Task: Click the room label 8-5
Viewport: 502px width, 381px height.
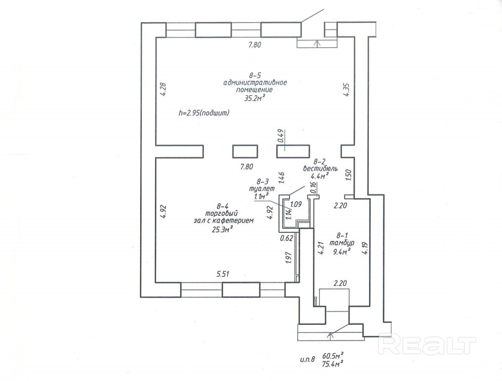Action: (x=255, y=76)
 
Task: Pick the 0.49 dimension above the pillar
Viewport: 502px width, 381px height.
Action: (x=281, y=136)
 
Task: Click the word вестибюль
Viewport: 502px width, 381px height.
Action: (x=320, y=168)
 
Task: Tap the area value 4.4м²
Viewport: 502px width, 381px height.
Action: (x=320, y=176)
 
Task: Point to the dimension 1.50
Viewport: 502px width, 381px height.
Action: (x=348, y=176)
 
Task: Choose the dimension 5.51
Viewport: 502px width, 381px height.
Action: (x=223, y=274)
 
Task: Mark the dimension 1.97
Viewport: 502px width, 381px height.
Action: (x=289, y=258)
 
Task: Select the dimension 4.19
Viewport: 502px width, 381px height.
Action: (x=366, y=248)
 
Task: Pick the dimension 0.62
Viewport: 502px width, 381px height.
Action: (x=286, y=238)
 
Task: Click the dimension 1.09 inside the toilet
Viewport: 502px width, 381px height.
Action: (x=296, y=204)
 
